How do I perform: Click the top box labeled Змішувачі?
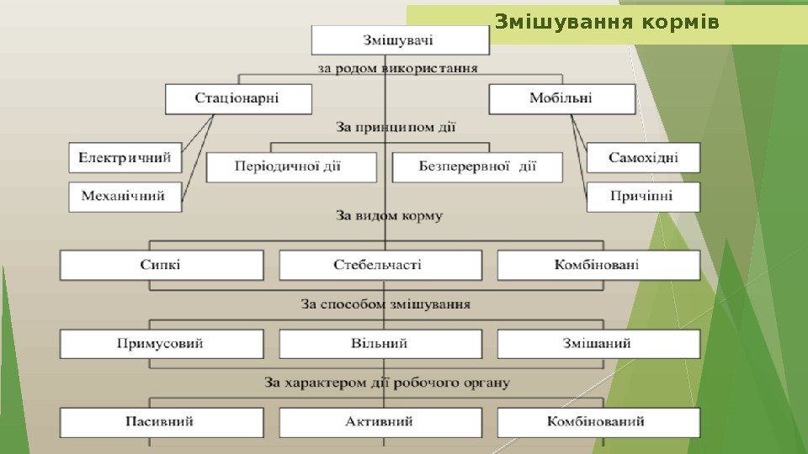click(400, 40)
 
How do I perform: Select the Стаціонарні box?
click(238, 98)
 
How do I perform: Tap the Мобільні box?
click(561, 98)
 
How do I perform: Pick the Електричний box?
click(125, 157)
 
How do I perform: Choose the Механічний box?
click(125, 197)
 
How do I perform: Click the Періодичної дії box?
click(291, 166)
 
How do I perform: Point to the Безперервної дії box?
click(477, 166)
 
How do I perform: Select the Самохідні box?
click(643, 157)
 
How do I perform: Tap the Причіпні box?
click(643, 197)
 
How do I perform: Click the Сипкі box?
click(161, 265)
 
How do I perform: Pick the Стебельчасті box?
click(380, 265)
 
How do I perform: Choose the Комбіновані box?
click(598, 265)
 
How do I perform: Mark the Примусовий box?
click(161, 344)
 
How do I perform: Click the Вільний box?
click(380, 344)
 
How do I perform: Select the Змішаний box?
click(598, 344)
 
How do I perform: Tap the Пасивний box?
click(161, 422)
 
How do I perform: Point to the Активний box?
click(380, 422)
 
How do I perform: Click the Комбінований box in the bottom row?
click(598, 422)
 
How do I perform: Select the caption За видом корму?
click(389, 216)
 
